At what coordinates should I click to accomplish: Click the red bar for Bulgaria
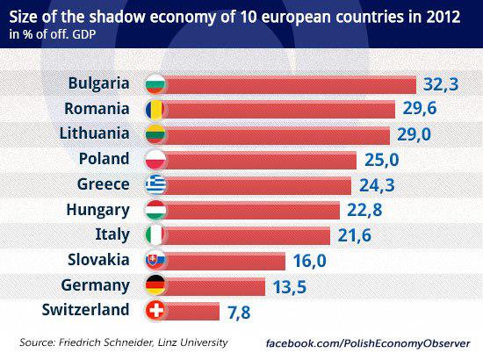coord(290,84)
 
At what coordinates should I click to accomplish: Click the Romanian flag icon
coord(154,109)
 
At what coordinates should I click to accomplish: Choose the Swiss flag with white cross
coord(154,310)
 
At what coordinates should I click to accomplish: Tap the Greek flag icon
coord(154,184)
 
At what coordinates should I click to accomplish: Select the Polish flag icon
coord(154,160)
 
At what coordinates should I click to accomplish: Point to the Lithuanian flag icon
coord(154,134)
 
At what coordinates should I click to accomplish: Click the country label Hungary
coord(98,210)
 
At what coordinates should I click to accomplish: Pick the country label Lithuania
coord(94,134)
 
